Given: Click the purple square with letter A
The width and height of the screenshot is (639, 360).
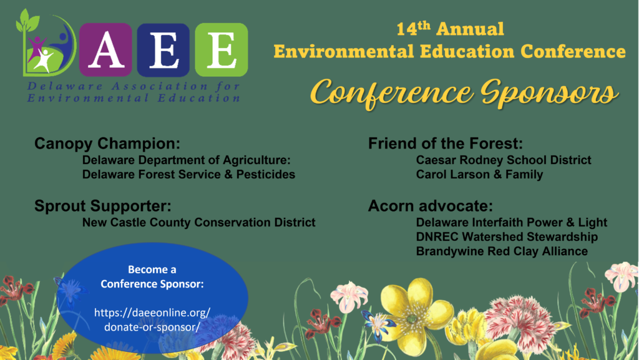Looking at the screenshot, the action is (x=105, y=50).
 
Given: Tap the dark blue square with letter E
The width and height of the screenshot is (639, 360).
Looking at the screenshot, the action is (x=163, y=50).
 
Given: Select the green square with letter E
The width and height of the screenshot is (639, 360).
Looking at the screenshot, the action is (x=222, y=50).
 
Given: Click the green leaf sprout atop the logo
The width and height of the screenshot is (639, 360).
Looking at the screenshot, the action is (x=27, y=21).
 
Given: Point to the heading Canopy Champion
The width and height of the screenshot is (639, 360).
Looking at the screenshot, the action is (x=107, y=144).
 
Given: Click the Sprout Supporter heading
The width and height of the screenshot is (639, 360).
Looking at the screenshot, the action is (x=103, y=206).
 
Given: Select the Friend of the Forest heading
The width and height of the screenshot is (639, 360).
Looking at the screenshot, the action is (x=446, y=144).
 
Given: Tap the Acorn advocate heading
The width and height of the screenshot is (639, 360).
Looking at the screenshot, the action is (x=431, y=206).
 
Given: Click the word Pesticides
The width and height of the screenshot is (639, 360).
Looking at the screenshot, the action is (x=266, y=174).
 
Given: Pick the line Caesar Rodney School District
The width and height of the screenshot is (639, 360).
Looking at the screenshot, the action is (x=504, y=160).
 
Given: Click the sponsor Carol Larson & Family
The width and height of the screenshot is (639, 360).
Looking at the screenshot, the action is (x=480, y=175).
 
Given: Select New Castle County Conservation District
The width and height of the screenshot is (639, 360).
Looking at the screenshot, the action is (x=199, y=222).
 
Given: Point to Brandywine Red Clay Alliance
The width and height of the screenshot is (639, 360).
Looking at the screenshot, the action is (x=502, y=251).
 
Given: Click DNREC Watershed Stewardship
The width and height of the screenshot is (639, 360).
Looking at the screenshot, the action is (x=507, y=236).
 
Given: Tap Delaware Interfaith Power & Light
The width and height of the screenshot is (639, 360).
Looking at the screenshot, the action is (x=512, y=222).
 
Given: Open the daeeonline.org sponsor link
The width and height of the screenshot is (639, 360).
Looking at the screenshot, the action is (x=152, y=319).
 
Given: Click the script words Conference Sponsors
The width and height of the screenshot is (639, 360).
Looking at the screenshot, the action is (x=464, y=93).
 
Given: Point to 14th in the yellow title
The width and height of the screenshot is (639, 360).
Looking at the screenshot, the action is (x=413, y=29).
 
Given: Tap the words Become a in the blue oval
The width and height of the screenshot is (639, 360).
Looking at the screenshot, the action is (x=152, y=270).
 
